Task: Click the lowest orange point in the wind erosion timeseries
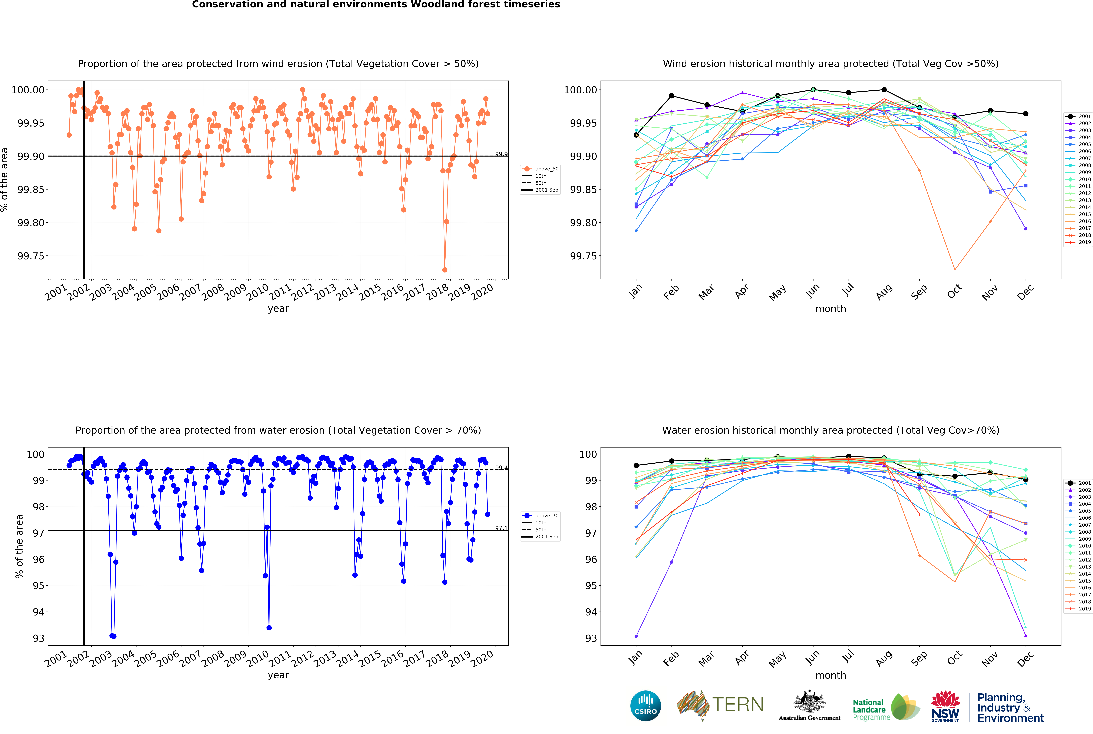coord(444,270)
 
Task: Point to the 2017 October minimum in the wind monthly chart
coord(954,270)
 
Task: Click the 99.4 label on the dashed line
coord(501,468)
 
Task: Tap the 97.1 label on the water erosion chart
coord(501,528)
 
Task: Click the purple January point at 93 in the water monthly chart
coord(636,636)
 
